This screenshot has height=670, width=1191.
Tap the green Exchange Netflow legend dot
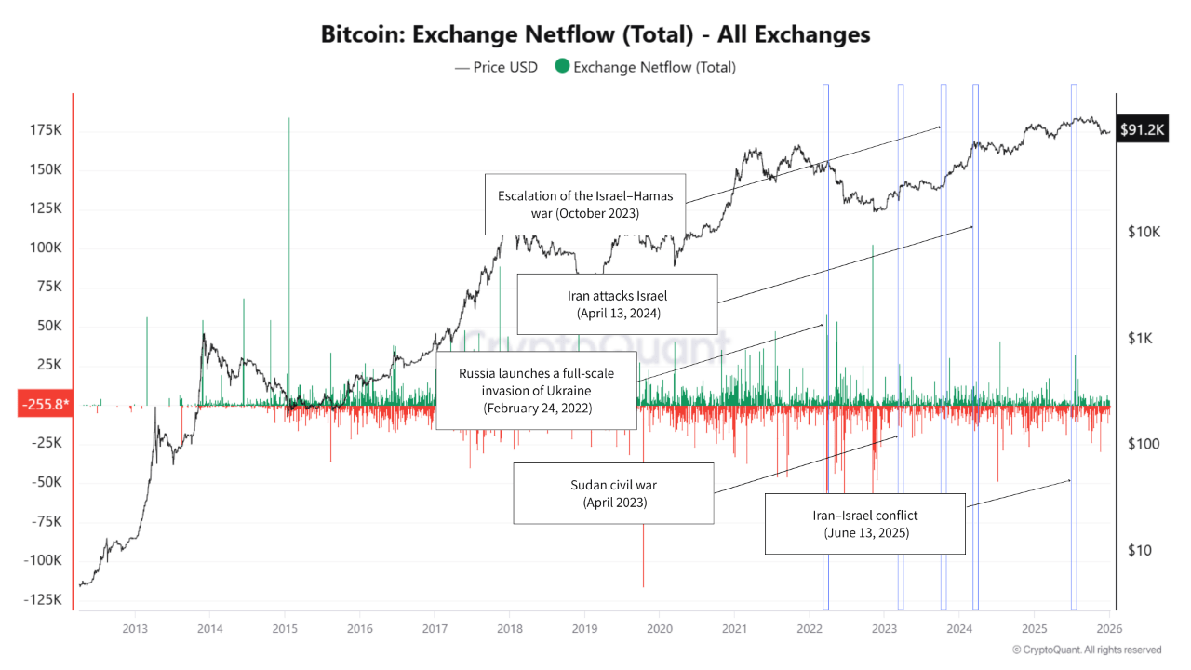coord(561,67)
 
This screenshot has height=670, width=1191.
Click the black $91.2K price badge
coord(1142,130)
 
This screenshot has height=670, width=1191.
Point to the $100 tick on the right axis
coord(1143,444)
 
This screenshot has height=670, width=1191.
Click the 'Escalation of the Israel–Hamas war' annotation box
coord(585,204)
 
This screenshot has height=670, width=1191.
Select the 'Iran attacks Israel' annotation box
coord(617,304)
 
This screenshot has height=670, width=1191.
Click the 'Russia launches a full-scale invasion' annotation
coord(537,390)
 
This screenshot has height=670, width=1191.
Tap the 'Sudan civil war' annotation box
coord(613,493)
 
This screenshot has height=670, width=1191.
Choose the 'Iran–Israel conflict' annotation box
coord(865,524)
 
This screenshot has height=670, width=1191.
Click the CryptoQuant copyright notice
coord(1086,650)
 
